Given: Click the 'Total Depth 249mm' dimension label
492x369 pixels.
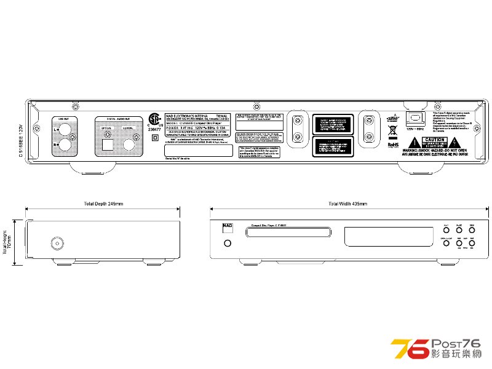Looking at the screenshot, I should coord(103,204).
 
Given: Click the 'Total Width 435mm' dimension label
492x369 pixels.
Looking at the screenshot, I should coord(347,204).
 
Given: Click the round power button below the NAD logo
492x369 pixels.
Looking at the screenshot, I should coord(228,244).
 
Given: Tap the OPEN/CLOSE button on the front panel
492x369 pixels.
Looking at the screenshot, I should coord(446,244).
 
